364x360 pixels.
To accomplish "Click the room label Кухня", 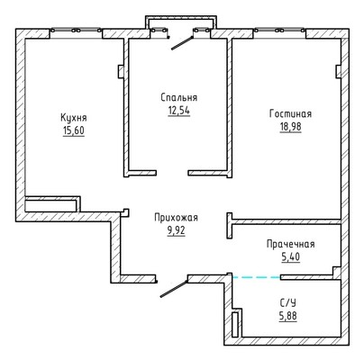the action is click(74, 118).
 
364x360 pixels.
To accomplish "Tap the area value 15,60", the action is click(74, 131).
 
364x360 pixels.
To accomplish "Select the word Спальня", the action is click(179, 97).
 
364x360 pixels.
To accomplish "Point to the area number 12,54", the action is click(179, 111).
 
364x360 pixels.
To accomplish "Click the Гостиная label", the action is click(290, 113).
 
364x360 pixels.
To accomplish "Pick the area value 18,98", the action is click(290, 127).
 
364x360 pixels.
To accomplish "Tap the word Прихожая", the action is click(176, 217).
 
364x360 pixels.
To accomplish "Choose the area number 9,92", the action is click(176, 230).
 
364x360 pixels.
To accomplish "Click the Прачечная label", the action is click(291, 244).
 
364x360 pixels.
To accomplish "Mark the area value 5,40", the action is click(291, 257).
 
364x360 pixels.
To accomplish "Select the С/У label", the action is click(288, 303).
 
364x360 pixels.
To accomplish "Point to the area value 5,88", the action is click(288, 316).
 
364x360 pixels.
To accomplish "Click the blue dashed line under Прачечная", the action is click(257, 277).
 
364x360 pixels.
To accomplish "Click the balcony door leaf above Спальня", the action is click(182, 43).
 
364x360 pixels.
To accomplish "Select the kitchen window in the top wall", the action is click(76, 31).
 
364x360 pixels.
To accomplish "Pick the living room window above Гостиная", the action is click(279, 31).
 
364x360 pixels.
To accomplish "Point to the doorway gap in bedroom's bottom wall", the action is click(172, 173).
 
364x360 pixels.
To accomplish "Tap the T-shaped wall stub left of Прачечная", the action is click(230, 226).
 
